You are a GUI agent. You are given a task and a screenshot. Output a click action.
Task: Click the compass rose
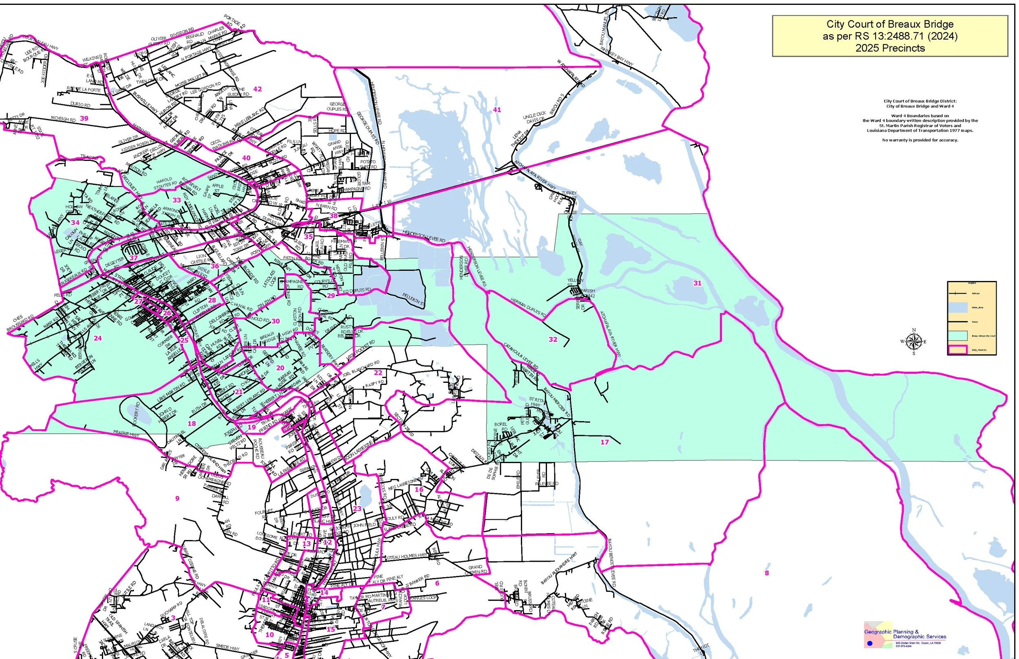[x=914, y=341]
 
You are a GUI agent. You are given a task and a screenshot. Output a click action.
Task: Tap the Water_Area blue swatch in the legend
[x=958, y=308]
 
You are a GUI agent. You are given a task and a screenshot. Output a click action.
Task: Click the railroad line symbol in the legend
[x=958, y=294]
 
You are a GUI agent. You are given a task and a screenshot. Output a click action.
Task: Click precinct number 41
[x=496, y=110]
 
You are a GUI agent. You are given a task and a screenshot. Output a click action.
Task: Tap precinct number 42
[x=257, y=89]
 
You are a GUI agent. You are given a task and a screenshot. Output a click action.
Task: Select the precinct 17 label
[x=604, y=442]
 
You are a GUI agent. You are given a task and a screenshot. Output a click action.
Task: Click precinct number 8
[x=766, y=573]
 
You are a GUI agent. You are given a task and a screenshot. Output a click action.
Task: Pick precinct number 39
[x=84, y=119]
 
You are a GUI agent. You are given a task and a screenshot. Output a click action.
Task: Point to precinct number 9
[x=177, y=498]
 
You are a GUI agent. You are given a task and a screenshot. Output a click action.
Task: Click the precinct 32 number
[x=553, y=339]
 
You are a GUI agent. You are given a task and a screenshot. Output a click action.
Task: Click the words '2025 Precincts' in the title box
[x=890, y=48]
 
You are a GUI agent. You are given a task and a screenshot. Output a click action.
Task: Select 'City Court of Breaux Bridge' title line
[x=890, y=24]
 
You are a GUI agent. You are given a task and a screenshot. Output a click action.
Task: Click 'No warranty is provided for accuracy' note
[x=920, y=141]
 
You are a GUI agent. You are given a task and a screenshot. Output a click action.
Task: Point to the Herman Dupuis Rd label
[x=528, y=307]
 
